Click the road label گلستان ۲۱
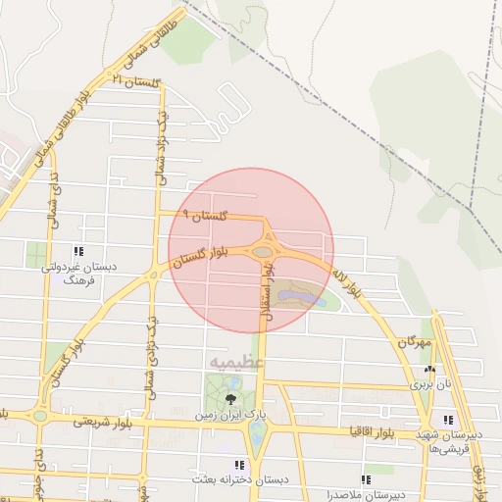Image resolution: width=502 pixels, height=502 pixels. [136, 81]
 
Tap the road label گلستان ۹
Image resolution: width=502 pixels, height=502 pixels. [205, 214]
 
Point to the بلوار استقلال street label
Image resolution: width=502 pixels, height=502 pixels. [264, 300]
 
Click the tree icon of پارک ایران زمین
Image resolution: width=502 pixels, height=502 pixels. [230, 398]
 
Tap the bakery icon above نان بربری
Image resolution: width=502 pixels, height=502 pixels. [429, 370]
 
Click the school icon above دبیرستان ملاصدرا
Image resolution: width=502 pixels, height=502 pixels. [366, 479]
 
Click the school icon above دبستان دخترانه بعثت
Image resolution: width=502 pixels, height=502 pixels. [237, 465]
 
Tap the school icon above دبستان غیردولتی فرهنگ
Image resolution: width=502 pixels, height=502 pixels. [78, 251]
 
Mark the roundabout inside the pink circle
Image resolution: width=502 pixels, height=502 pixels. [262, 251]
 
